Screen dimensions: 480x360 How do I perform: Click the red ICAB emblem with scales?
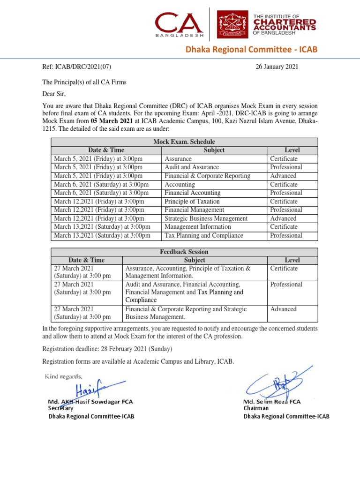coord(232,26)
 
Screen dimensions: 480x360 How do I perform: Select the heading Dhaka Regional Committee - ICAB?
coord(263,50)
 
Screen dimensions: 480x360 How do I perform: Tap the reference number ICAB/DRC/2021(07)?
coord(77,67)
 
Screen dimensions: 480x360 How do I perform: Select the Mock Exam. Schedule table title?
coord(184,142)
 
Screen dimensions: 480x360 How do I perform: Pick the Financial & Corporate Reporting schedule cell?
coord(207,176)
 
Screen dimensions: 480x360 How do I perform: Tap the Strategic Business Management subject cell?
coord(206,218)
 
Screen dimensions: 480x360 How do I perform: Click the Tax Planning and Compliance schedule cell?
coord(203,235)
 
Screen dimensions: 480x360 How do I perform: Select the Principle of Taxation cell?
coord(192,202)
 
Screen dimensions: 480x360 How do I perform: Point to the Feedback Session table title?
coord(184,252)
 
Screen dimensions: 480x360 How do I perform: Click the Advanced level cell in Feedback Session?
coord(283,309)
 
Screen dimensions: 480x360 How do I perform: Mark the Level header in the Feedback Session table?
coord(292,260)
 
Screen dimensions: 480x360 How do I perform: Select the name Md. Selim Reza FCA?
coord(271,402)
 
